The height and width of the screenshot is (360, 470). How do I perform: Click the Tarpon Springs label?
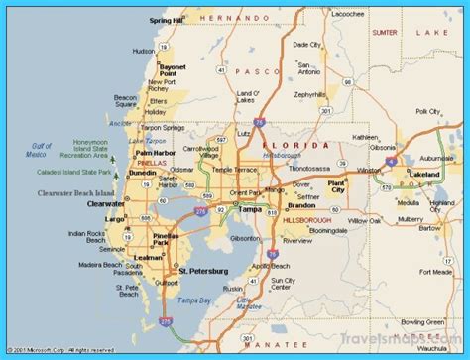pos(163,127)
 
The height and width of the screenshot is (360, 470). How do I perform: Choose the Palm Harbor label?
pos(157,153)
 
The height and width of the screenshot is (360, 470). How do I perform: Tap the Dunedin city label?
pos(143,172)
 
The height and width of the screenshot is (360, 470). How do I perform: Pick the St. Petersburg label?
pos(203,271)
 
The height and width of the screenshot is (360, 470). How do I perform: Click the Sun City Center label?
pos(282,288)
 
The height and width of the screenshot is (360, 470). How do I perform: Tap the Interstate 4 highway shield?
pos(392,159)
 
